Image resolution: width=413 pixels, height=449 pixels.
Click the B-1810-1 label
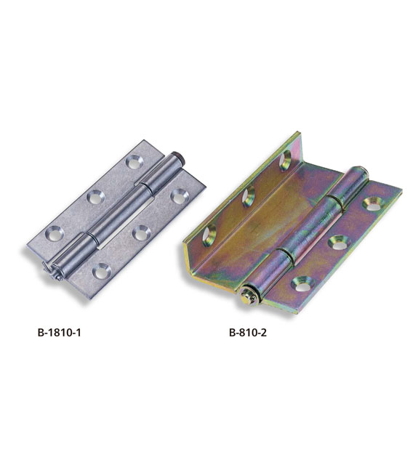pyautogui.click(x=59, y=333)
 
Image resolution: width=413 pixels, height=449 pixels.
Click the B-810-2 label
pyautogui.click(x=248, y=333)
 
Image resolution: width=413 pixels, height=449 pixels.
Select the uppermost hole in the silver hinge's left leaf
pyautogui.click(x=134, y=162)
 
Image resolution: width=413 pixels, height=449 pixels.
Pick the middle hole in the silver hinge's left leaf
pyautogui.click(x=96, y=197)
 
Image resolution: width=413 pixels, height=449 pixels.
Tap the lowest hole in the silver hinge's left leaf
pyautogui.click(x=55, y=232)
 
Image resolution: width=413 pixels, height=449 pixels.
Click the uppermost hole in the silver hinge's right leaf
pyautogui.click(x=180, y=197)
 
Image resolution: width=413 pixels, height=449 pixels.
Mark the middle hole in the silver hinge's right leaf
pyautogui.click(x=142, y=233)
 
